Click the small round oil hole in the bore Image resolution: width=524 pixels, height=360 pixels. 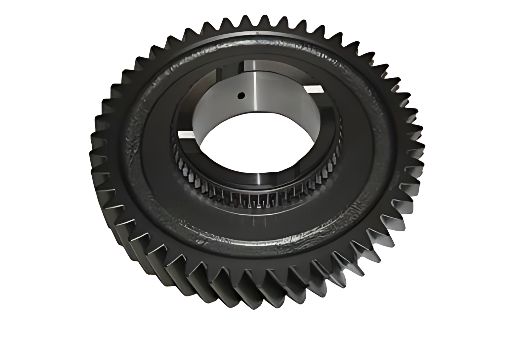pos(241,95)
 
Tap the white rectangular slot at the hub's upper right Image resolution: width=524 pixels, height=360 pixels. pos(313,89)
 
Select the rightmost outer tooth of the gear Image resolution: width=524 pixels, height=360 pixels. pos(420,146)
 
